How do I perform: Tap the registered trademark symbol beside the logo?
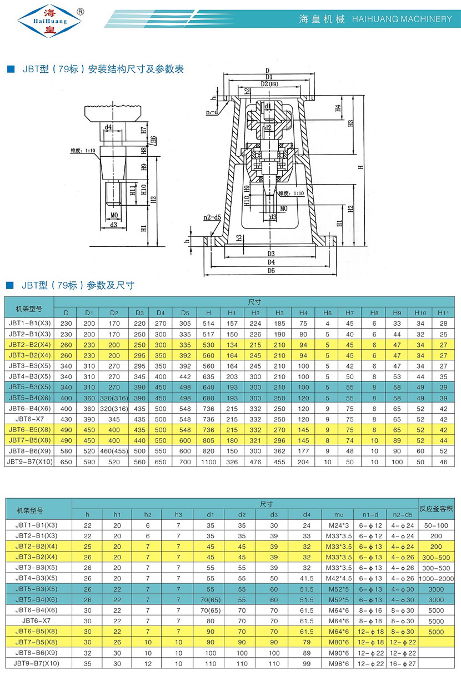(x=80, y=11)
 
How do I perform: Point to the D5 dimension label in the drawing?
(x=270, y=271)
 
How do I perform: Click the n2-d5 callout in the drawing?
(x=212, y=217)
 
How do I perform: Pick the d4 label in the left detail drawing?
(x=109, y=127)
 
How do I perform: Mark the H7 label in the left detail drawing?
(x=143, y=131)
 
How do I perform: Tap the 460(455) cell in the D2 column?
(x=114, y=451)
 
